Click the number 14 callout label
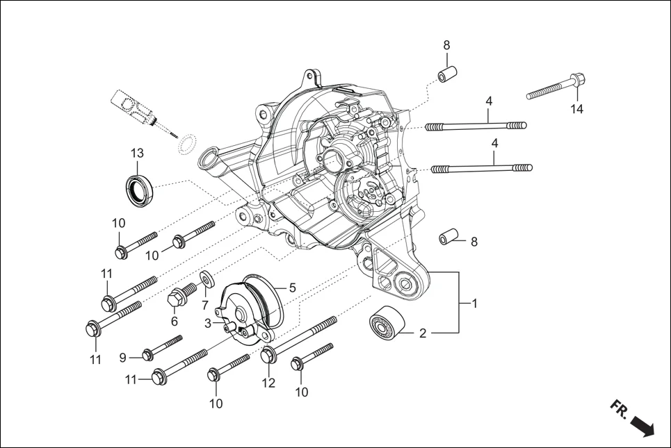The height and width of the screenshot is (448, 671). [x=577, y=109]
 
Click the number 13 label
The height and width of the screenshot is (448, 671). [x=136, y=153]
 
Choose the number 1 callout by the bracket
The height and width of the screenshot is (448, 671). [x=474, y=304]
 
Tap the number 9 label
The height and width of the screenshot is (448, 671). [x=122, y=358]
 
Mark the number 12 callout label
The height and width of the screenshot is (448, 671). [x=268, y=383]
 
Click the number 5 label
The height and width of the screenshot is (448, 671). [x=292, y=287]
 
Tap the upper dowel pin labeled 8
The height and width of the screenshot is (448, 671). [x=446, y=74]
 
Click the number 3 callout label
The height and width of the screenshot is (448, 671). [x=207, y=323]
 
